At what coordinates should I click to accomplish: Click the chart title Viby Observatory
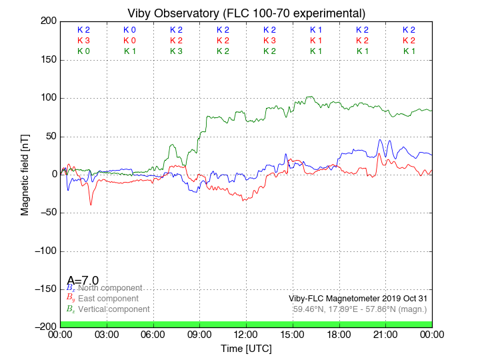(x=247, y=13)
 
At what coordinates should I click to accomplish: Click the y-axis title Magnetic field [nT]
(x=25, y=173)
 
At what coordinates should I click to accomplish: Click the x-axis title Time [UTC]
(x=247, y=349)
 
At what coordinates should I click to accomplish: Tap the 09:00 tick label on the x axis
(x=200, y=334)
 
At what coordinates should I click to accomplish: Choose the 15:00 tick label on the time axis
(x=293, y=334)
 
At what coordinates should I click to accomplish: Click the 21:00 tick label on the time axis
(x=385, y=334)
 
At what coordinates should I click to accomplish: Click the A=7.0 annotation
(x=83, y=281)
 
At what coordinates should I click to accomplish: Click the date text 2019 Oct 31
(x=403, y=299)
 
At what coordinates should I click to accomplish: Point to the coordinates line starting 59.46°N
(x=360, y=309)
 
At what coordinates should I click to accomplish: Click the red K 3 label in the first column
(x=83, y=41)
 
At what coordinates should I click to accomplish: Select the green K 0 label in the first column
(x=83, y=51)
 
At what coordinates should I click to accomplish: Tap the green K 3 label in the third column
(x=176, y=51)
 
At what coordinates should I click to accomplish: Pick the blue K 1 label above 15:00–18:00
(x=316, y=30)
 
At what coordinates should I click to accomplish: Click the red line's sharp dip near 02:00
(x=91, y=204)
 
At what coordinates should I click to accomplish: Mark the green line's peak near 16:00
(x=309, y=97)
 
